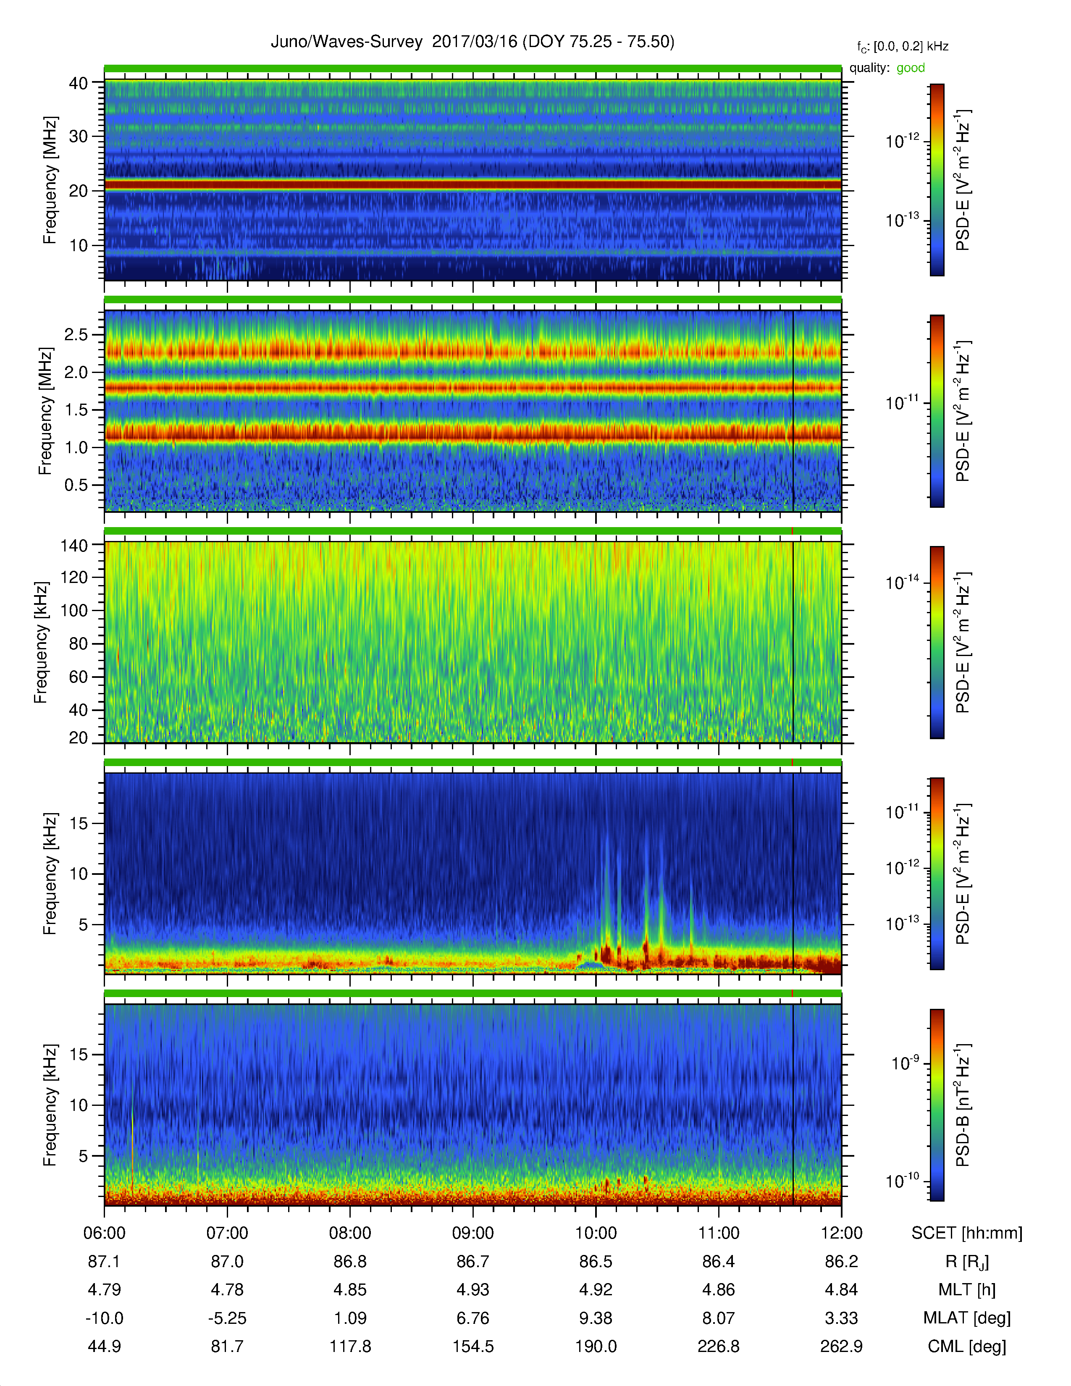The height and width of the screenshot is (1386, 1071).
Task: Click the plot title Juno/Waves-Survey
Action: tap(346, 42)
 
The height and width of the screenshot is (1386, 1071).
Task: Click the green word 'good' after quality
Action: tap(911, 68)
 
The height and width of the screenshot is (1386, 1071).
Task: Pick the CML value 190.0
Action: tap(596, 1346)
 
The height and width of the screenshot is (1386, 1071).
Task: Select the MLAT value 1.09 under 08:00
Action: tap(350, 1318)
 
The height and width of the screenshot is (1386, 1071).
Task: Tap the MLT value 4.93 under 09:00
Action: tap(472, 1289)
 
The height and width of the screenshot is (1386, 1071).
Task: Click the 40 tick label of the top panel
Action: tap(79, 83)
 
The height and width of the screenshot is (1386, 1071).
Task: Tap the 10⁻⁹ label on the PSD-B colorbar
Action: tap(906, 1062)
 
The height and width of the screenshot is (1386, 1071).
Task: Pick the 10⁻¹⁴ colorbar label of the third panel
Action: tap(902, 582)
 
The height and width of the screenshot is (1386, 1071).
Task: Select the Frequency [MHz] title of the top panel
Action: tap(50, 180)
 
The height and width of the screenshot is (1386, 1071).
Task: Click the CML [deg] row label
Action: tap(967, 1346)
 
